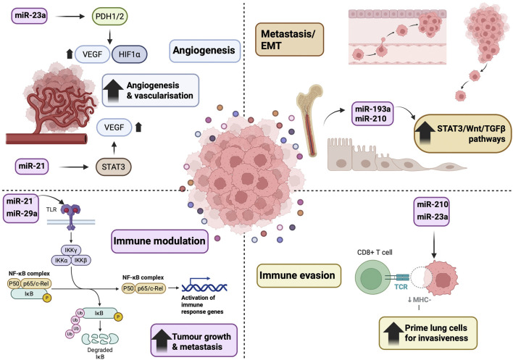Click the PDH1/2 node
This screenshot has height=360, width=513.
tap(109, 17)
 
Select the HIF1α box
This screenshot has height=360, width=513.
tap(130, 54)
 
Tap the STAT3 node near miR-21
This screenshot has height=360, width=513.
tap(113, 167)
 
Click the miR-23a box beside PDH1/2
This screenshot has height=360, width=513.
tap(30, 15)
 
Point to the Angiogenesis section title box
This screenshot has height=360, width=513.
tap(204, 51)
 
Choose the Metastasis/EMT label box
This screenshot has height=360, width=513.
tap(289, 39)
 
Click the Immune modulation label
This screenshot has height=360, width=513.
tap(159, 241)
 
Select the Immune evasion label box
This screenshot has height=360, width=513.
tap(299, 276)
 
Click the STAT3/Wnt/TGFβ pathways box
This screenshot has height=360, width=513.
tap(463, 133)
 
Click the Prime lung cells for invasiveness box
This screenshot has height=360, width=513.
tap(428, 333)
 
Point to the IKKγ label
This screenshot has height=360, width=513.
tap(71, 251)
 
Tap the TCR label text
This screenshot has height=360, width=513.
tap(401, 287)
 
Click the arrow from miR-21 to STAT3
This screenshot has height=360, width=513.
tap(74, 167)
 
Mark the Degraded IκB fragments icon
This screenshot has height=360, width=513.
tap(100, 339)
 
